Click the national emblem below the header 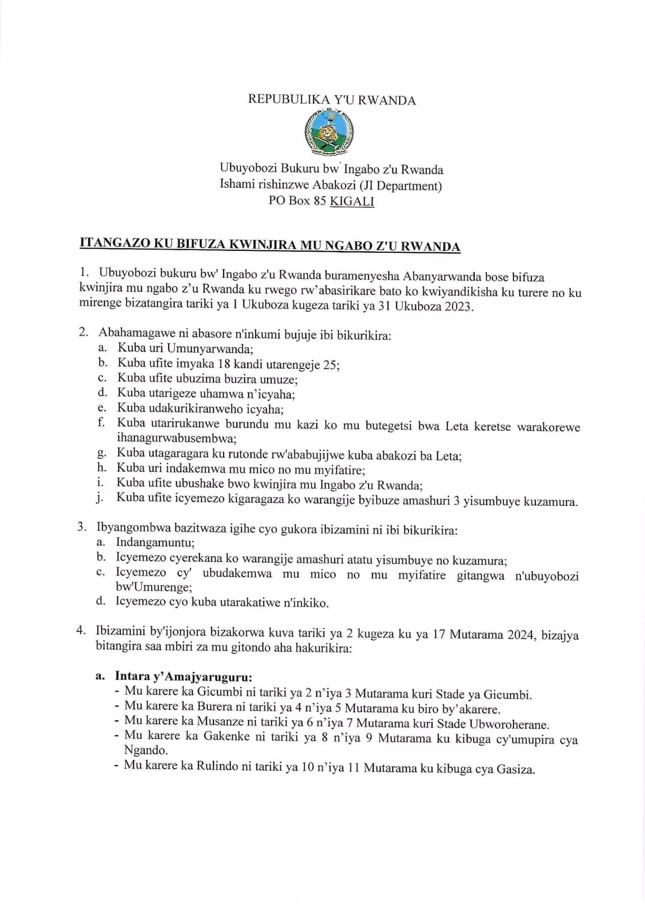coord(330,132)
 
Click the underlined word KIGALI coord(352,202)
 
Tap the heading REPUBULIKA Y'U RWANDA coord(332,100)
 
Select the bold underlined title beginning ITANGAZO coord(270,244)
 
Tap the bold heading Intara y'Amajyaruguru coord(184,677)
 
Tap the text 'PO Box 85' coord(297,202)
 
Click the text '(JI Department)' coord(401,186)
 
